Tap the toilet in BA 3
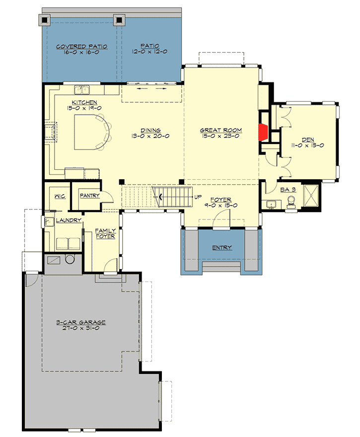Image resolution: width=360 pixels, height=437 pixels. [291, 201]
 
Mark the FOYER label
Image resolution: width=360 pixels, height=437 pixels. [221, 200]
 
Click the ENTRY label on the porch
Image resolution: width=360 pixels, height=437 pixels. [221, 248]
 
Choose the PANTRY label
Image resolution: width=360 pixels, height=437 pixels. [90, 196]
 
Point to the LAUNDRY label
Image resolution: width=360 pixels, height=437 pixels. [69, 220]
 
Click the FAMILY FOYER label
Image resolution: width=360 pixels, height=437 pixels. [105, 233]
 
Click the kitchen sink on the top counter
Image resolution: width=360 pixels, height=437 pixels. [82, 90]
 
